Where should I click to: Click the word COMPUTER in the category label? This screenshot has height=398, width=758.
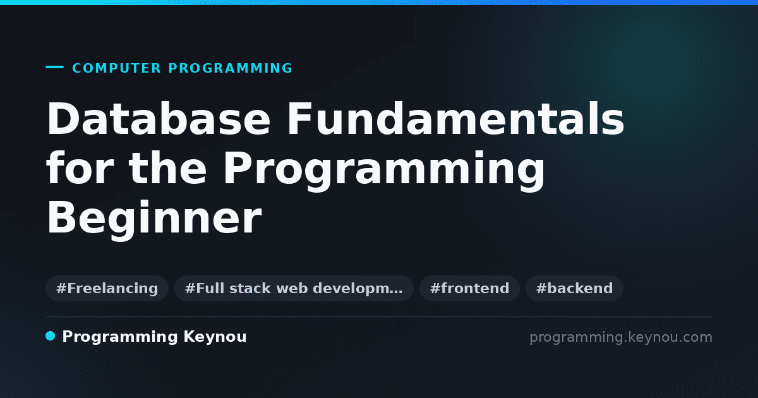[117, 68]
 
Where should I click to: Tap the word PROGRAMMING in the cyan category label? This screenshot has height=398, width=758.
[231, 68]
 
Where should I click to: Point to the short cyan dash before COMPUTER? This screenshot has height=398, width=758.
[54, 67]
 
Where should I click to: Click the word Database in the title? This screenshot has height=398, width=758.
[159, 119]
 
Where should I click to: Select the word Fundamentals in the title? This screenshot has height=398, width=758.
[455, 119]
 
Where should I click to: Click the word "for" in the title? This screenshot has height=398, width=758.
[80, 168]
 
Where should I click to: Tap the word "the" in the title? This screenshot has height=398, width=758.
[167, 168]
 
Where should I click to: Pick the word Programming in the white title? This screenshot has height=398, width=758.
[384, 171]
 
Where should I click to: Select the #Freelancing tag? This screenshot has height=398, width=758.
[107, 288]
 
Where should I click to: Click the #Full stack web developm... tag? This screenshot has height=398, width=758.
[294, 288]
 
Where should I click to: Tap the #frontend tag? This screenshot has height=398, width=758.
[469, 288]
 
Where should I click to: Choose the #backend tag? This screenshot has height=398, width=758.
[574, 288]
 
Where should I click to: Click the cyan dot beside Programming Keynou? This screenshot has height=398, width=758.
[51, 336]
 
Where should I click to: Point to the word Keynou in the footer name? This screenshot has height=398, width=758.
[215, 337]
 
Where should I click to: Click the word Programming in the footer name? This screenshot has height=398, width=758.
[120, 337]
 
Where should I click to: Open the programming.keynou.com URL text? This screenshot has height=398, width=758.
[621, 337]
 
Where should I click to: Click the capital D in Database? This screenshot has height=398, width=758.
[63, 119]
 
